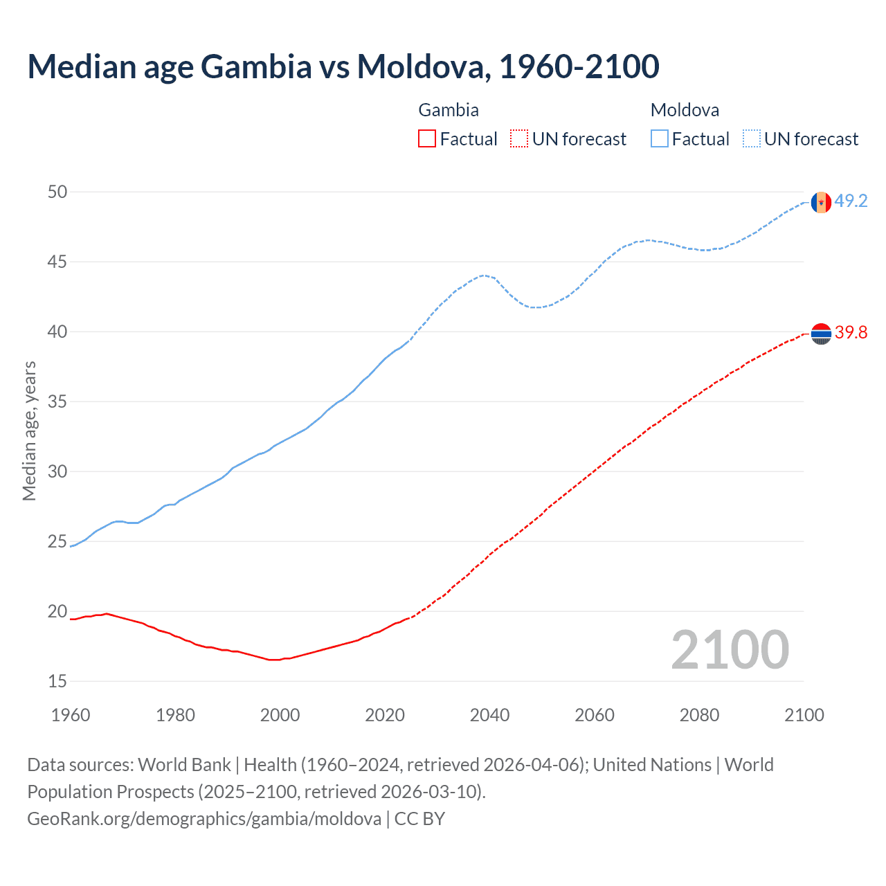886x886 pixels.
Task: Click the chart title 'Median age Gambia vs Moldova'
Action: pyautogui.click(x=343, y=67)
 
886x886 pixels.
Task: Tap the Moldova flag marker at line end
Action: pyautogui.click(x=821, y=202)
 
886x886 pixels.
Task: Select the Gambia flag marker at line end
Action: pyautogui.click(x=821, y=334)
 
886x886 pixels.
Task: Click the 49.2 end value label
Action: pyautogui.click(x=851, y=201)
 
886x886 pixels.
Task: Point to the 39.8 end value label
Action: pyautogui.click(x=851, y=333)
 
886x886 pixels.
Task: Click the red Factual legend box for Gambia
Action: pyautogui.click(x=427, y=139)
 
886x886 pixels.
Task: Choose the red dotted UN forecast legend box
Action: pyautogui.click(x=519, y=139)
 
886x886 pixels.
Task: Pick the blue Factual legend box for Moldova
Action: pyautogui.click(x=660, y=139)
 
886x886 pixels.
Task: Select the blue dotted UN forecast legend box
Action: pyautogui.click(x=752, y=139)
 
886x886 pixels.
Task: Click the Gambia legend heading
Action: pyautogui.click(x=449, y=110)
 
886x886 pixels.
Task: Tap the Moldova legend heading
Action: pyautogui.click(x=685, y=110)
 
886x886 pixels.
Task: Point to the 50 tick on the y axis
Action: pyautogui.click(x=57, y=192)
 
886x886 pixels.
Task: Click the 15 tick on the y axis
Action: pyautogui.click(x=57, y=682)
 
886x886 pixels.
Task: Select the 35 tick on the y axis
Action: pyautogui.click(x=57, y=401)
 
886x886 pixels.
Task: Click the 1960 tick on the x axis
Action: pyautogui.click(x=71, y=715)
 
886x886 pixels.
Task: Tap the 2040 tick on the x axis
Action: pyautogui.click(x=489, y=715)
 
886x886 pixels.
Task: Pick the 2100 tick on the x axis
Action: pyautogui.click(x=804, y=715)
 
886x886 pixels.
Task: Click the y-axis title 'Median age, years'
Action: pyautogui.click(x=29, y=431)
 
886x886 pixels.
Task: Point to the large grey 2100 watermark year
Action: pyautogui.click(x=730, y=650)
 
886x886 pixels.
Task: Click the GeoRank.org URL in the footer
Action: pyautogui.click(x=204, y=819)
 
